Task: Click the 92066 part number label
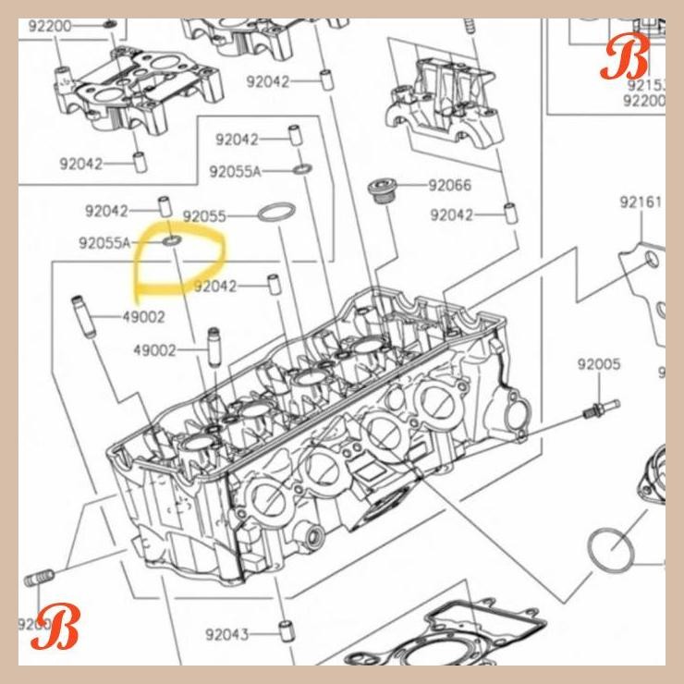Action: pyautogui.click(x=449, y=186)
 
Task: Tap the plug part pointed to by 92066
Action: pyautogui.click(x=379, y=192)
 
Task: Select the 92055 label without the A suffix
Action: pyautogui.click(x=204, y=216)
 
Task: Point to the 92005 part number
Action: pyautogui.click(x=599, y=365)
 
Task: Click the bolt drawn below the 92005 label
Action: pyautogui.click(x=601, y=407)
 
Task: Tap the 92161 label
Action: pyautogui.click(x=641, y=202)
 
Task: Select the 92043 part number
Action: pyautogui.click(x=226, y=635)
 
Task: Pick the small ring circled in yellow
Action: pyautogui.click(x=172, y=242)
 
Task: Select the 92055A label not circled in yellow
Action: pyautogui.click(x=235, y=172)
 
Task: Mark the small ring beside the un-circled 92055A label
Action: pyautogui.click(x=301, y=170)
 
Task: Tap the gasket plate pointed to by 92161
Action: pyautogui.click(x=651, y=287)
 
